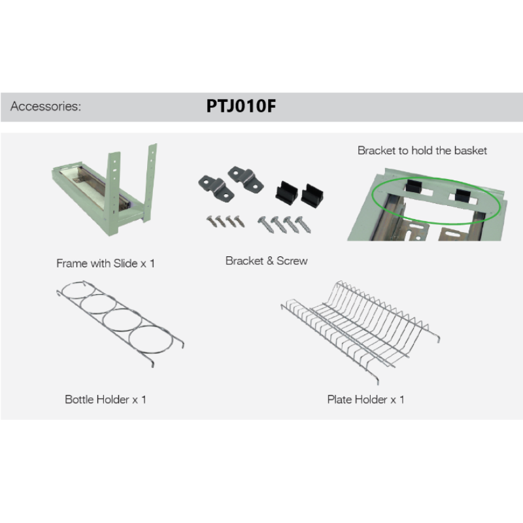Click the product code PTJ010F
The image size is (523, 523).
(241, 106)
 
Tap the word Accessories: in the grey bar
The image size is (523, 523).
(46, 106)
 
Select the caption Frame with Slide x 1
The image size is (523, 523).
(105, 263)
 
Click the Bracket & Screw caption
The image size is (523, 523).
(267, 261)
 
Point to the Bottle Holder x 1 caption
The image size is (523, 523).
(105, 399)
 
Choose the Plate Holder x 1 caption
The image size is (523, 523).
(366, 399)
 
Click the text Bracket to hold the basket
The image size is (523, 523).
(422, 150)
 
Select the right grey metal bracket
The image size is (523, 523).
(246, 178)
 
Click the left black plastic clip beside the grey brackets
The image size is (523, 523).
(286, 192)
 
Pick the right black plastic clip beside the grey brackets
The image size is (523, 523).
(312, 195)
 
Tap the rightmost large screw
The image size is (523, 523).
(303, 224)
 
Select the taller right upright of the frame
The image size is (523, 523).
(151, 182)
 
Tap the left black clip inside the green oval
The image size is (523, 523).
(414, 186)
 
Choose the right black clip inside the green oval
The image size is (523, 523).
(463, 195)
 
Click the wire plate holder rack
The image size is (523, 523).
(360, 330)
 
